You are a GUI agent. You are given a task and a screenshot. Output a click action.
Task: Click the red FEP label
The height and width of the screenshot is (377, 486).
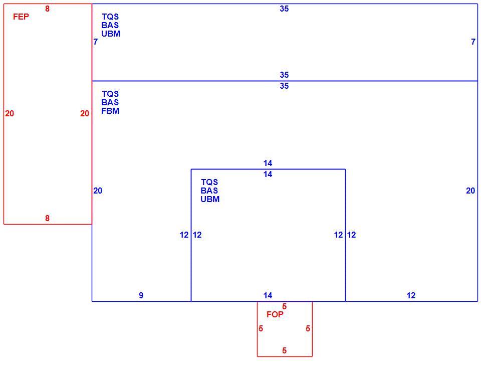click(x=21, y=17)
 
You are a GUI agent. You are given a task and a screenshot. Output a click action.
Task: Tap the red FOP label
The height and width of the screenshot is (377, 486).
click(x=275, y=315)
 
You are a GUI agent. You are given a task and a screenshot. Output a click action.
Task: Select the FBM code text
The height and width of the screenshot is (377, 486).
click(x=110, y=111)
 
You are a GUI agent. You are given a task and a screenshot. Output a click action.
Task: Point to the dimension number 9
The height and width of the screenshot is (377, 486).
click(x=141, y=295)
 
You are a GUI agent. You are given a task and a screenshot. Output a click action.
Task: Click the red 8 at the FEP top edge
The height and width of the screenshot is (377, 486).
click(x=47, y=9)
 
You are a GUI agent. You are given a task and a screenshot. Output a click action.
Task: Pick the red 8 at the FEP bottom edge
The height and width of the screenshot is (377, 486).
click(x=47, y=218)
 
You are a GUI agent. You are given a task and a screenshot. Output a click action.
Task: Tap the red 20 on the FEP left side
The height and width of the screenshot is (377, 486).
click(x=10, y=114)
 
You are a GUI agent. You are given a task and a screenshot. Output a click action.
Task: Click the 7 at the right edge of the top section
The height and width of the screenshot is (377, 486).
click(x=473, y=42)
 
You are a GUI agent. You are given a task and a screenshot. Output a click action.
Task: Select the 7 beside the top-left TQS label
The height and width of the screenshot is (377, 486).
click(x=96, y=42)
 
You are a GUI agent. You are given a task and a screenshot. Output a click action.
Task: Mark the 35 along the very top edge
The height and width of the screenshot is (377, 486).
click(x=284, y=9)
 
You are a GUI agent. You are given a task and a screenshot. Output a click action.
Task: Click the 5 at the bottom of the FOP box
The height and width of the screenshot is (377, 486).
click(x=284, y=350)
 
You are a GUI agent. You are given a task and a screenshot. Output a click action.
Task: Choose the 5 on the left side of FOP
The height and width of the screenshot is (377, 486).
click(x=261, y=328)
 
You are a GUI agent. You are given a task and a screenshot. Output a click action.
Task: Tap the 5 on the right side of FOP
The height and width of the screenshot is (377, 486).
click(x=308, y=328)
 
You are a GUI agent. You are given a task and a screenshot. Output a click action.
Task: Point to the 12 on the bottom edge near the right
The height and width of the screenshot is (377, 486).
click(x=411, y=295)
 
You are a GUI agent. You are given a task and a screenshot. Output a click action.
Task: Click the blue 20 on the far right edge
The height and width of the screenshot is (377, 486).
click(x=470, y=191)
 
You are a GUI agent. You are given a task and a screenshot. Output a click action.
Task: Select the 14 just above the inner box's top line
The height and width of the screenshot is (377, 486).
click(x=268, y=163)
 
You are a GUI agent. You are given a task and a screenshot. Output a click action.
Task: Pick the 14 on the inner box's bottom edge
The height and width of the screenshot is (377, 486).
click(x=268, y=295)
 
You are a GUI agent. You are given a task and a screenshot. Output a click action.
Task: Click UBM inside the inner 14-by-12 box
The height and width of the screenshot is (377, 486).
click(x=210, y=200)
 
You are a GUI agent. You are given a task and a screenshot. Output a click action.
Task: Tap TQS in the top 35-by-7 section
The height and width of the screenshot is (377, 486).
click(x=110, y=17)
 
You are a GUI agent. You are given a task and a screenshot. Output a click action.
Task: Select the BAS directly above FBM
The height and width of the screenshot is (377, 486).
click(x=110, y=103)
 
